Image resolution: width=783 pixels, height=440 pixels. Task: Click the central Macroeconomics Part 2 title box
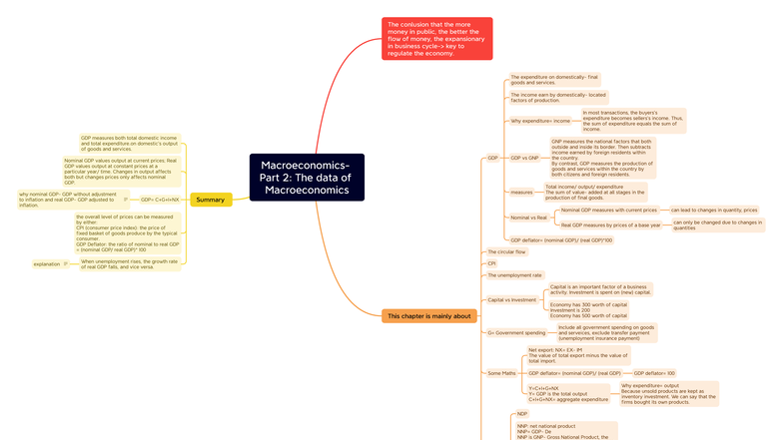click(x=307, y=178)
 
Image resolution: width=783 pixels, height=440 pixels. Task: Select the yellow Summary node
click(x=211, y=200)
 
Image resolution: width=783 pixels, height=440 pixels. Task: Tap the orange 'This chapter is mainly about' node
click(x=428, y=316)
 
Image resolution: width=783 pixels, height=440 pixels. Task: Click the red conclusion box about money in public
click(x=436, y=39)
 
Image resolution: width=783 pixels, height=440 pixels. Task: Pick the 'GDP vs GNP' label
click(x=524, y=158)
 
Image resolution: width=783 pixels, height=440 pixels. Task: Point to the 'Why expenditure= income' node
click(x=540, y=121)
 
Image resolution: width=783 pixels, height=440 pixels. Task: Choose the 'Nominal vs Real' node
click(x=528, y=218)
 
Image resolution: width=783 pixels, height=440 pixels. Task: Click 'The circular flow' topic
click(x=506, y=251)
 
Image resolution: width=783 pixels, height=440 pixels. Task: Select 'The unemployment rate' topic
click(x=514, y=275)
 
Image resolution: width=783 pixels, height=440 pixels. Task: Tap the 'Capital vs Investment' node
click(x=511, y=299)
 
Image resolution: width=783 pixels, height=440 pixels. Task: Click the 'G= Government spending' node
click(x=516, y=332)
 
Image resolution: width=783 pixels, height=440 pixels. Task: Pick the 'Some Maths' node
click(x=501, y=373)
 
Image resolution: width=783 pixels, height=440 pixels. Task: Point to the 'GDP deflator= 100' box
click(x=654, y=373)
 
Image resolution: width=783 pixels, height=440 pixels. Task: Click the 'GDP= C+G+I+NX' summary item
click(x=160, y=200)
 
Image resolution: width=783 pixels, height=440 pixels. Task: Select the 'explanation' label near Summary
click(x=47, y=264)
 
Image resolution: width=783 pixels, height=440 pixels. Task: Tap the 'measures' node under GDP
click(x=521, y=192)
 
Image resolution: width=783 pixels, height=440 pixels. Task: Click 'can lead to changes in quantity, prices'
click(x=714, y=211)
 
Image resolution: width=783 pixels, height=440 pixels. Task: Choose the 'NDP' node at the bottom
click(x=522, y=414)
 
